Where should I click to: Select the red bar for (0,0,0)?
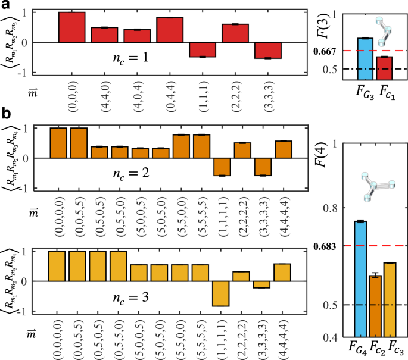[71, 27]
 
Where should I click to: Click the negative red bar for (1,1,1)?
[203, 49]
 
